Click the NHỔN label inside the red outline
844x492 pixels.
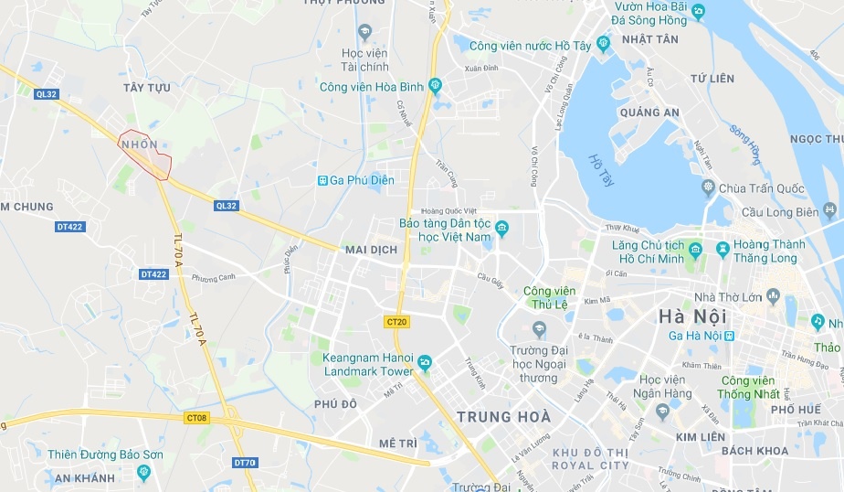click(x=139, y=144)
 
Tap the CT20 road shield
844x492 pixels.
click(x=396, y=321)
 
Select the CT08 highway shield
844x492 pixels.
click(x=196, y=418)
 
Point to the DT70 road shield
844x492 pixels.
click(x=244, y=463)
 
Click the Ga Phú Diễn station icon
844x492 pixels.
click(x=322, y=180)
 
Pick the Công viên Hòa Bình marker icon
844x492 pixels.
click(x=435, y=87)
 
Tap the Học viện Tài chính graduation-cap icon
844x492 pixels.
click(x=365, y=33)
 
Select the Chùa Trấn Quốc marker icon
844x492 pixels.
click(x=707, y=188)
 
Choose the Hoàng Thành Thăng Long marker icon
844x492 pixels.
click(x=723, y=248)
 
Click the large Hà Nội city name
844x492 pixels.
click(x=692, y=316)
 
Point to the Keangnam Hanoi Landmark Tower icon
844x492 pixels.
click(x=425, y=364)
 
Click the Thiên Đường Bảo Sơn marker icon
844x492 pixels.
click(x=143, y=472)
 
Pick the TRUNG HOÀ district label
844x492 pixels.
click(x=503, y=417)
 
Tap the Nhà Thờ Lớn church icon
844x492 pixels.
click(x=774, y=295)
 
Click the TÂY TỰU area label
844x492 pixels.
click(x=146, y=87)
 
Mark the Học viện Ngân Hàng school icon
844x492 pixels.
click(x=663, y=412)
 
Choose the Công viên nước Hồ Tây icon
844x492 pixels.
click(x=603, y=43)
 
